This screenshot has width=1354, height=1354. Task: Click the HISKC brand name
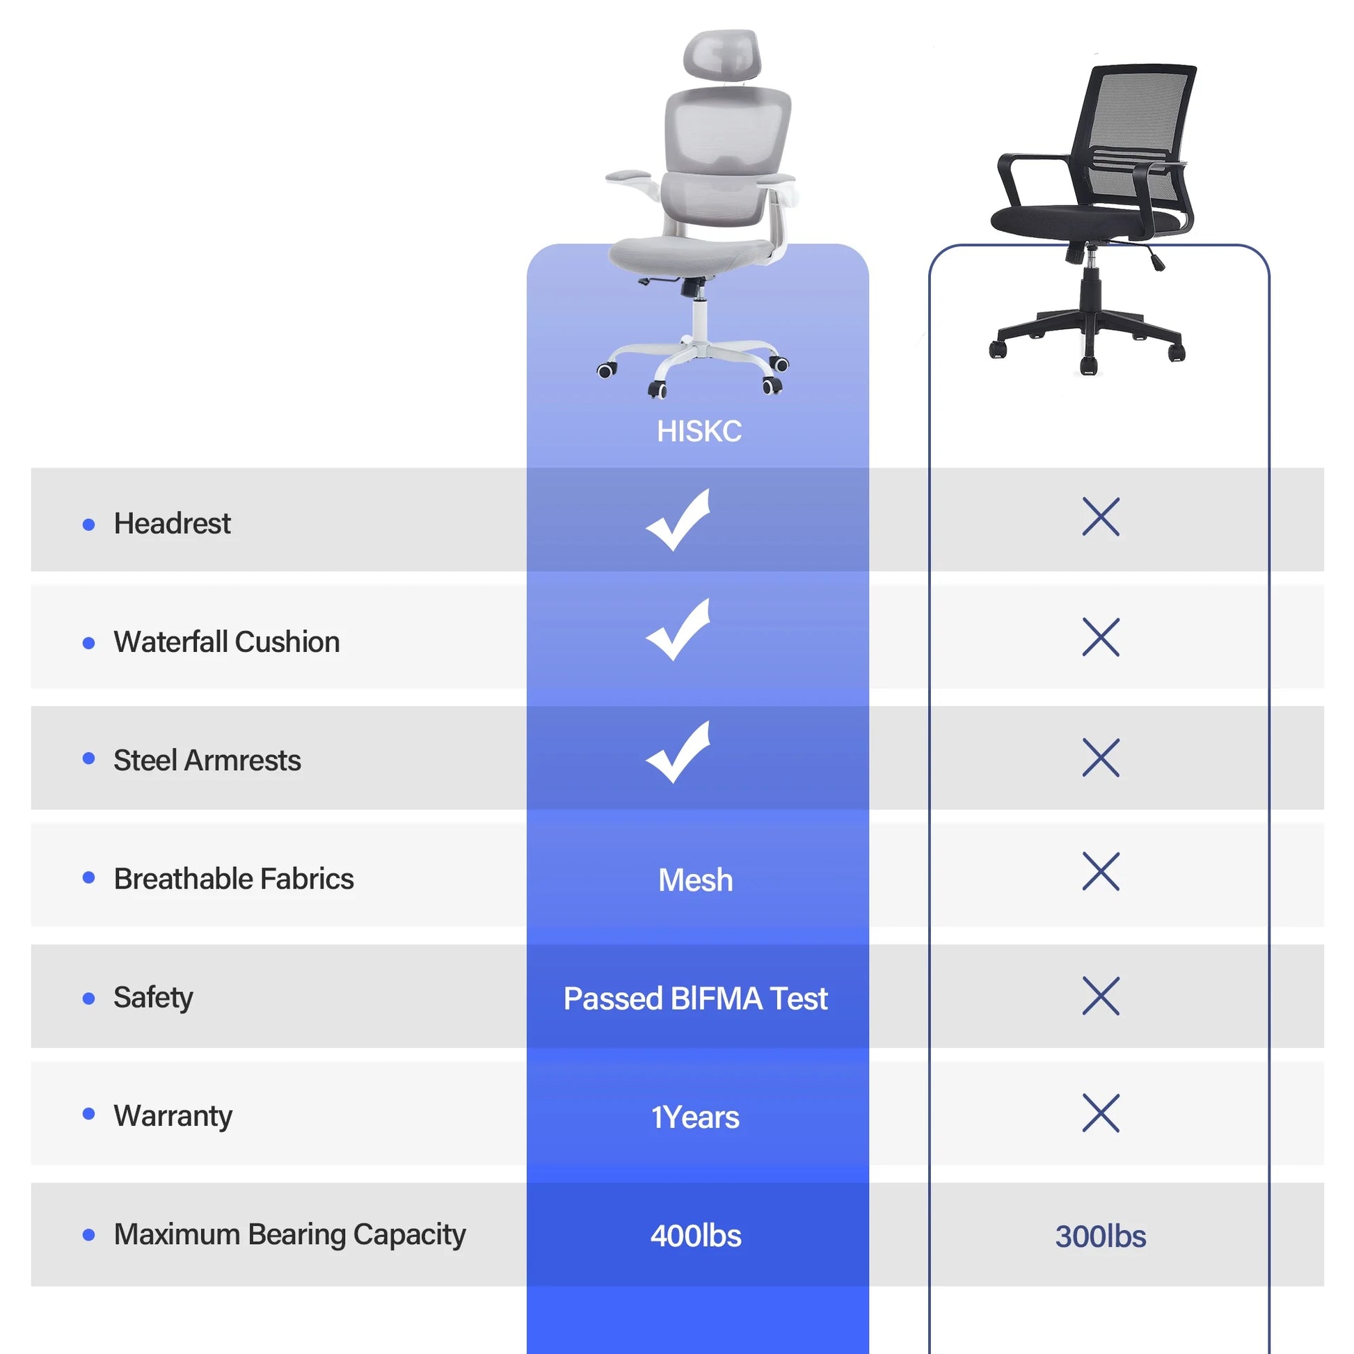tap(699, 431)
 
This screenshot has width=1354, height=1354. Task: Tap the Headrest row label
tap(172, 523)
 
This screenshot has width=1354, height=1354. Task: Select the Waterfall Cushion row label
tap(226, 642)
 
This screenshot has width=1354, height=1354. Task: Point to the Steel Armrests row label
tap(207, 760)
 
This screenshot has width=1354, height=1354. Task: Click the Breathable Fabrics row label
tap(233, 879)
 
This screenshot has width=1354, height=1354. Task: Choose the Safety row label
tap(153, 997)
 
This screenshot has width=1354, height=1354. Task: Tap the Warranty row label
tap(173, 1116)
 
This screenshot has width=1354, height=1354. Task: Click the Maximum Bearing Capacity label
tap(289, 1234)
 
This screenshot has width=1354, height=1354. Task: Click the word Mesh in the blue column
tap(696, 880)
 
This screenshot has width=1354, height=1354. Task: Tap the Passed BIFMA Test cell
tap(696, 998)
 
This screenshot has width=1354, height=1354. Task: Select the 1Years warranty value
tap(696, 1117)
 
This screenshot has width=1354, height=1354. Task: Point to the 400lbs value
tap(696, 1236)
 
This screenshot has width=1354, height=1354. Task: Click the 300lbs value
tap(1101, 1236)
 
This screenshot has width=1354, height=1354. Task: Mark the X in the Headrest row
tap(1101, 517)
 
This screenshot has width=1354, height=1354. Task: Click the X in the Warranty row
tap(1101, 1113)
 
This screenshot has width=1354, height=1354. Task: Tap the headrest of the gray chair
tap(722, 55)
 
